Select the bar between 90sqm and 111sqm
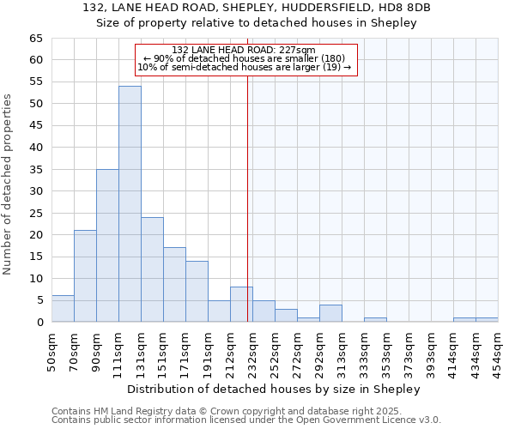(107, 245)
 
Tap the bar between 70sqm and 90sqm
(85, 276)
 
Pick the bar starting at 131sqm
(152, 269)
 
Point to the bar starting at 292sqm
(330, 313)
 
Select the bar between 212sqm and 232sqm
(241, 305)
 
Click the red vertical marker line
(248, 214)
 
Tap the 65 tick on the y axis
(36, 39)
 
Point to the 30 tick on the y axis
(36, 191)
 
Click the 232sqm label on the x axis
(252, 352)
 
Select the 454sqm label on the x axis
(498, 352)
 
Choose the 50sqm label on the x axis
(51, 352)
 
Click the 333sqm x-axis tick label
(364, 352)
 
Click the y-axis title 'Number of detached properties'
(8, 184)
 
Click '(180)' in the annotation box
(331, 58)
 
